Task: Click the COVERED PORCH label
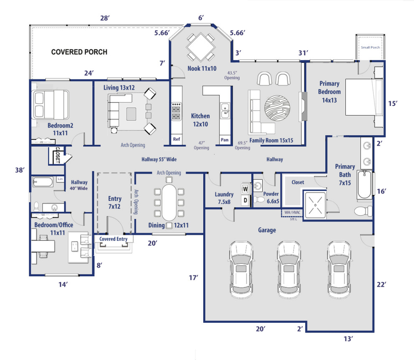pyautogui.click(x=79, y=52)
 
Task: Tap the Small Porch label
pyautogui.click(x=370, y=47)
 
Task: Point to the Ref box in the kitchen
pyautogui.click(x=176, y=139)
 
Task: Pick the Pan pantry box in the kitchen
pyautogui.click(x=225, y=139)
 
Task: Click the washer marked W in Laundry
pyautogui.click(x=245, y=189)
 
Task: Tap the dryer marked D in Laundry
pyautogui.click(x=245, y=201)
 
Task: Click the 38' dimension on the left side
pyautogui.click(x=20, y=170)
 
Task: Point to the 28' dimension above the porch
pyautogui.click(x=105, y=18)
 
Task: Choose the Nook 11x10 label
pyautogui.click(x=202, y=68)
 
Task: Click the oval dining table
pyautogui.click(x=169, y=203)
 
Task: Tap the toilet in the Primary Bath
pyautogui.click(x=363, y=211)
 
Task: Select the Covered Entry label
pyautogui.click(x=113, y=239)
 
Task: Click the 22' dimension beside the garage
pyautogui.click(x=381, y=285)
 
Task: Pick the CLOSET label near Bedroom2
pyautogui.click(x=57, y=156)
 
